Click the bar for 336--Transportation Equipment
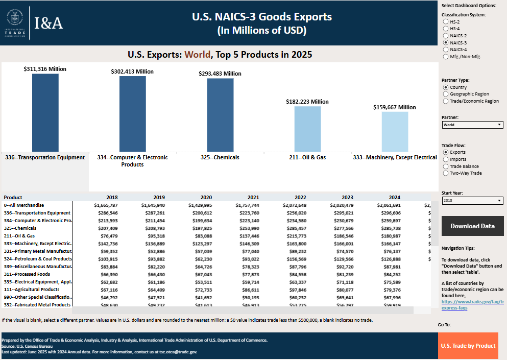coord(45,112)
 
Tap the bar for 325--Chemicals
coord(220,115)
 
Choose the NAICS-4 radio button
coord(446,50)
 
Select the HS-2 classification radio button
coord(446,22)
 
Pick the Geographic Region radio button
coord(446,94)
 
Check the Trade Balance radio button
coord(446,166)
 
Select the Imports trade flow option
coord(446,159)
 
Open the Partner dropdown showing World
coord(472,125)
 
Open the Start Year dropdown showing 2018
coord(472,201)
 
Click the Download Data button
coord(472,226)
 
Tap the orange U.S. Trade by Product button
coord(468,346)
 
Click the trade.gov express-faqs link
coord(472,305)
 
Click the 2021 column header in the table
coord(253,197)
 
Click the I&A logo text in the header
coord(49,23)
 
